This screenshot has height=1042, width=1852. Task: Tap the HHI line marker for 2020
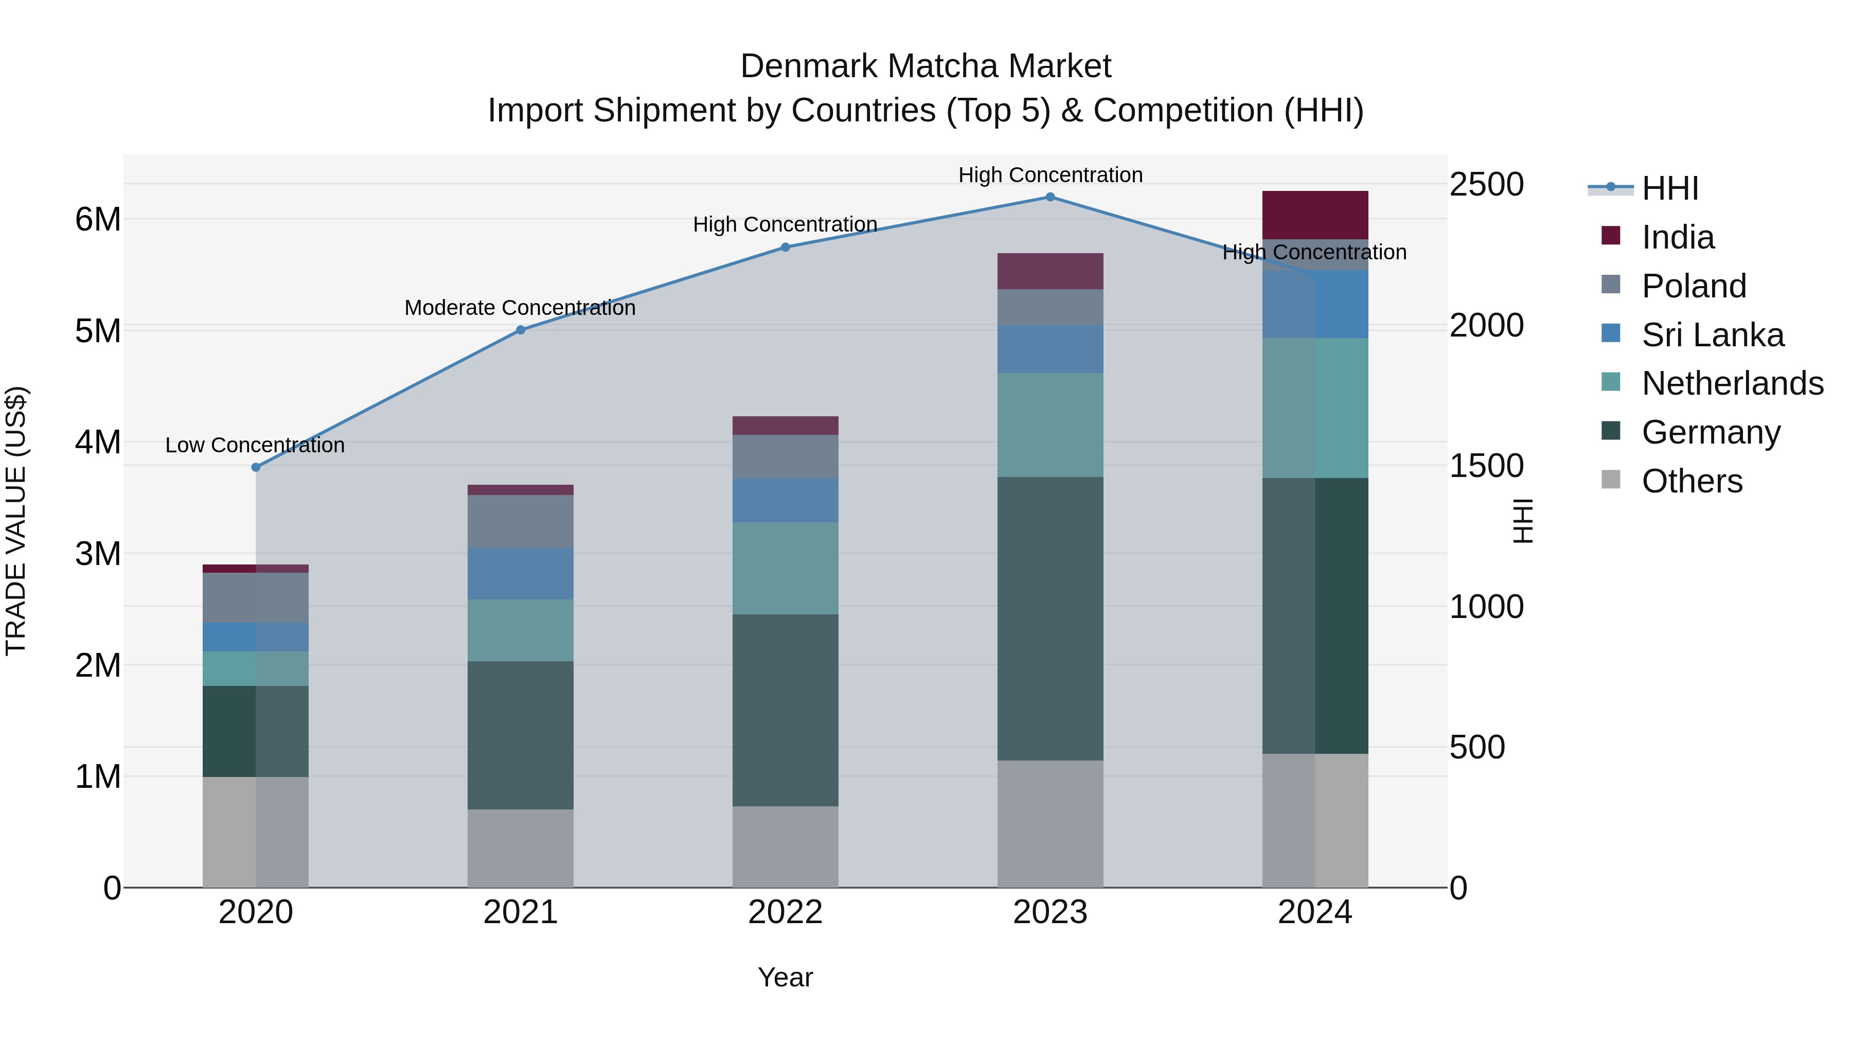(256, 467)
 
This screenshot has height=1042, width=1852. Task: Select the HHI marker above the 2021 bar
(521, 330)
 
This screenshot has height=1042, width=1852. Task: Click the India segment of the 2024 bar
(1315, 215)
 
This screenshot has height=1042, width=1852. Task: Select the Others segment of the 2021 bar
(521, 849)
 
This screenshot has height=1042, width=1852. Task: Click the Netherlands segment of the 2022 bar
(785, 568)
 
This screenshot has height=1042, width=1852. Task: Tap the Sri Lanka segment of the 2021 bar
(521, 574)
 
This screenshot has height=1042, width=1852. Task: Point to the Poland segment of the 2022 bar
(785, 456)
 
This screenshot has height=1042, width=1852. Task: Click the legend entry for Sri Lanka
(1713, 335)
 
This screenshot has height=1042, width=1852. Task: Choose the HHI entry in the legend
(1669, 188)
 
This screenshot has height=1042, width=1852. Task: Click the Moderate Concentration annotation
(520, 308)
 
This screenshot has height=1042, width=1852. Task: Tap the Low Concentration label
(255, 445)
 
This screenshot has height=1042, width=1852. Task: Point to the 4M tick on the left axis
(98, 442)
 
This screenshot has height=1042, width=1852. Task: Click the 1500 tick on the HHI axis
(1485, 466)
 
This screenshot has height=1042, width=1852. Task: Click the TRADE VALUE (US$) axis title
(16, 521)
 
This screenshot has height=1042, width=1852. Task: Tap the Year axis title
(785, 977)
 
